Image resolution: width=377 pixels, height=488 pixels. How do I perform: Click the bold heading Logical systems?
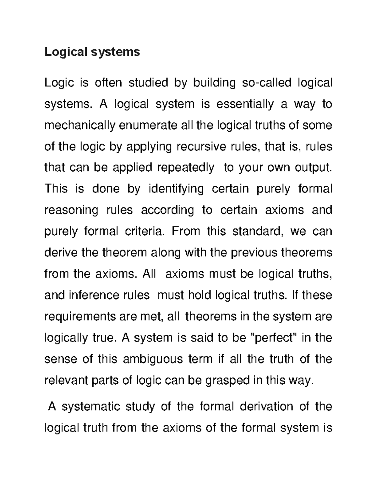pos(92,52)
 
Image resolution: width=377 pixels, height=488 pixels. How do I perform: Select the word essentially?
pos(245,104)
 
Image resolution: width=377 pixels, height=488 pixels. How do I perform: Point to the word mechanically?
pos(80,125)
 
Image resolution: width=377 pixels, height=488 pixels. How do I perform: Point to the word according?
pos(167,210)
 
